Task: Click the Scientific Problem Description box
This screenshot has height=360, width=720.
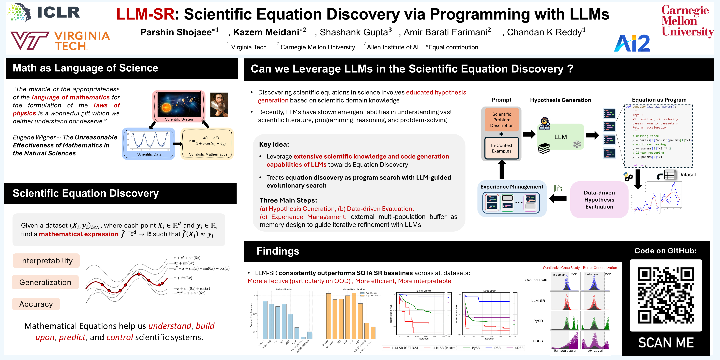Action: pyautogui.click(x=502, y=120)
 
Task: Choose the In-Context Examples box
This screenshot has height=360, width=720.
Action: pyautogui.click(x=502, y=148)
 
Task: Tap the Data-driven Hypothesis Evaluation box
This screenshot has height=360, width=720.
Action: pyautogui.click(x=599, y=200)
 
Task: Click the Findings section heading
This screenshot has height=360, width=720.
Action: pyautogui.click(x=278, y=251)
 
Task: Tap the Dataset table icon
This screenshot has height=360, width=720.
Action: pyautogui.click(x=670, y=175)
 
